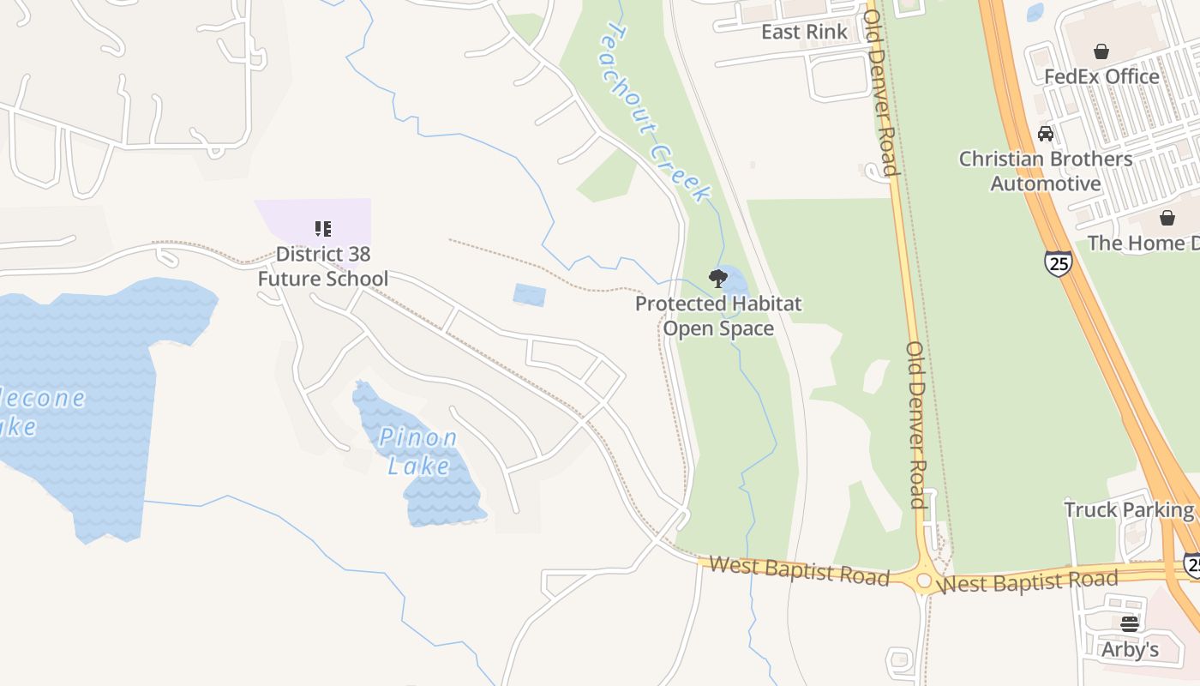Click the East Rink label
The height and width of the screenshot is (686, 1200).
pos(804,33)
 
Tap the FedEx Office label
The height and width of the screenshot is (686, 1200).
pos(1101,76)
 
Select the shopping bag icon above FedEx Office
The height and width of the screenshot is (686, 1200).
pos(1101,51)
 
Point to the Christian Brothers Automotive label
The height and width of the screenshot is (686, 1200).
pos(1046,171)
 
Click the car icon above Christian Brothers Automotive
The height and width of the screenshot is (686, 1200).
pos(1046,134)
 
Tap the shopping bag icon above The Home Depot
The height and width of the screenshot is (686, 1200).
pos(1167,218)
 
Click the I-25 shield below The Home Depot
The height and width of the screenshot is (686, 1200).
pos(1059,263)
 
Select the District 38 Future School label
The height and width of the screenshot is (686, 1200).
pos(323,267)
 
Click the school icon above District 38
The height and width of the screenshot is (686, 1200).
pos(323,229)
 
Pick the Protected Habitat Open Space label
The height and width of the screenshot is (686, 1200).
pos(718,316)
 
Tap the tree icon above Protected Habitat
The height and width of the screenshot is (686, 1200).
pos(718,279)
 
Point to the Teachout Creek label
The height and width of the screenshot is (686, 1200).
pos(657,111)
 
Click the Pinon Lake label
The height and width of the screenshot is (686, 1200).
pos(418,451)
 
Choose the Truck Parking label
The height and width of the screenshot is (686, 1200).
pos(1129,510)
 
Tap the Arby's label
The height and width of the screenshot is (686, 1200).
pos(1130,650)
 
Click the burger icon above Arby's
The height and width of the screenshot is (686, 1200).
pos(1130,623)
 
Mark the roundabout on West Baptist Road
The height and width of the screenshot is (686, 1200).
pos(924,581)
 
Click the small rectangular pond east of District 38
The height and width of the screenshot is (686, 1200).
pos(529,295)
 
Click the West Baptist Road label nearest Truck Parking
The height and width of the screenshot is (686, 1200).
pos(1027,583)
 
